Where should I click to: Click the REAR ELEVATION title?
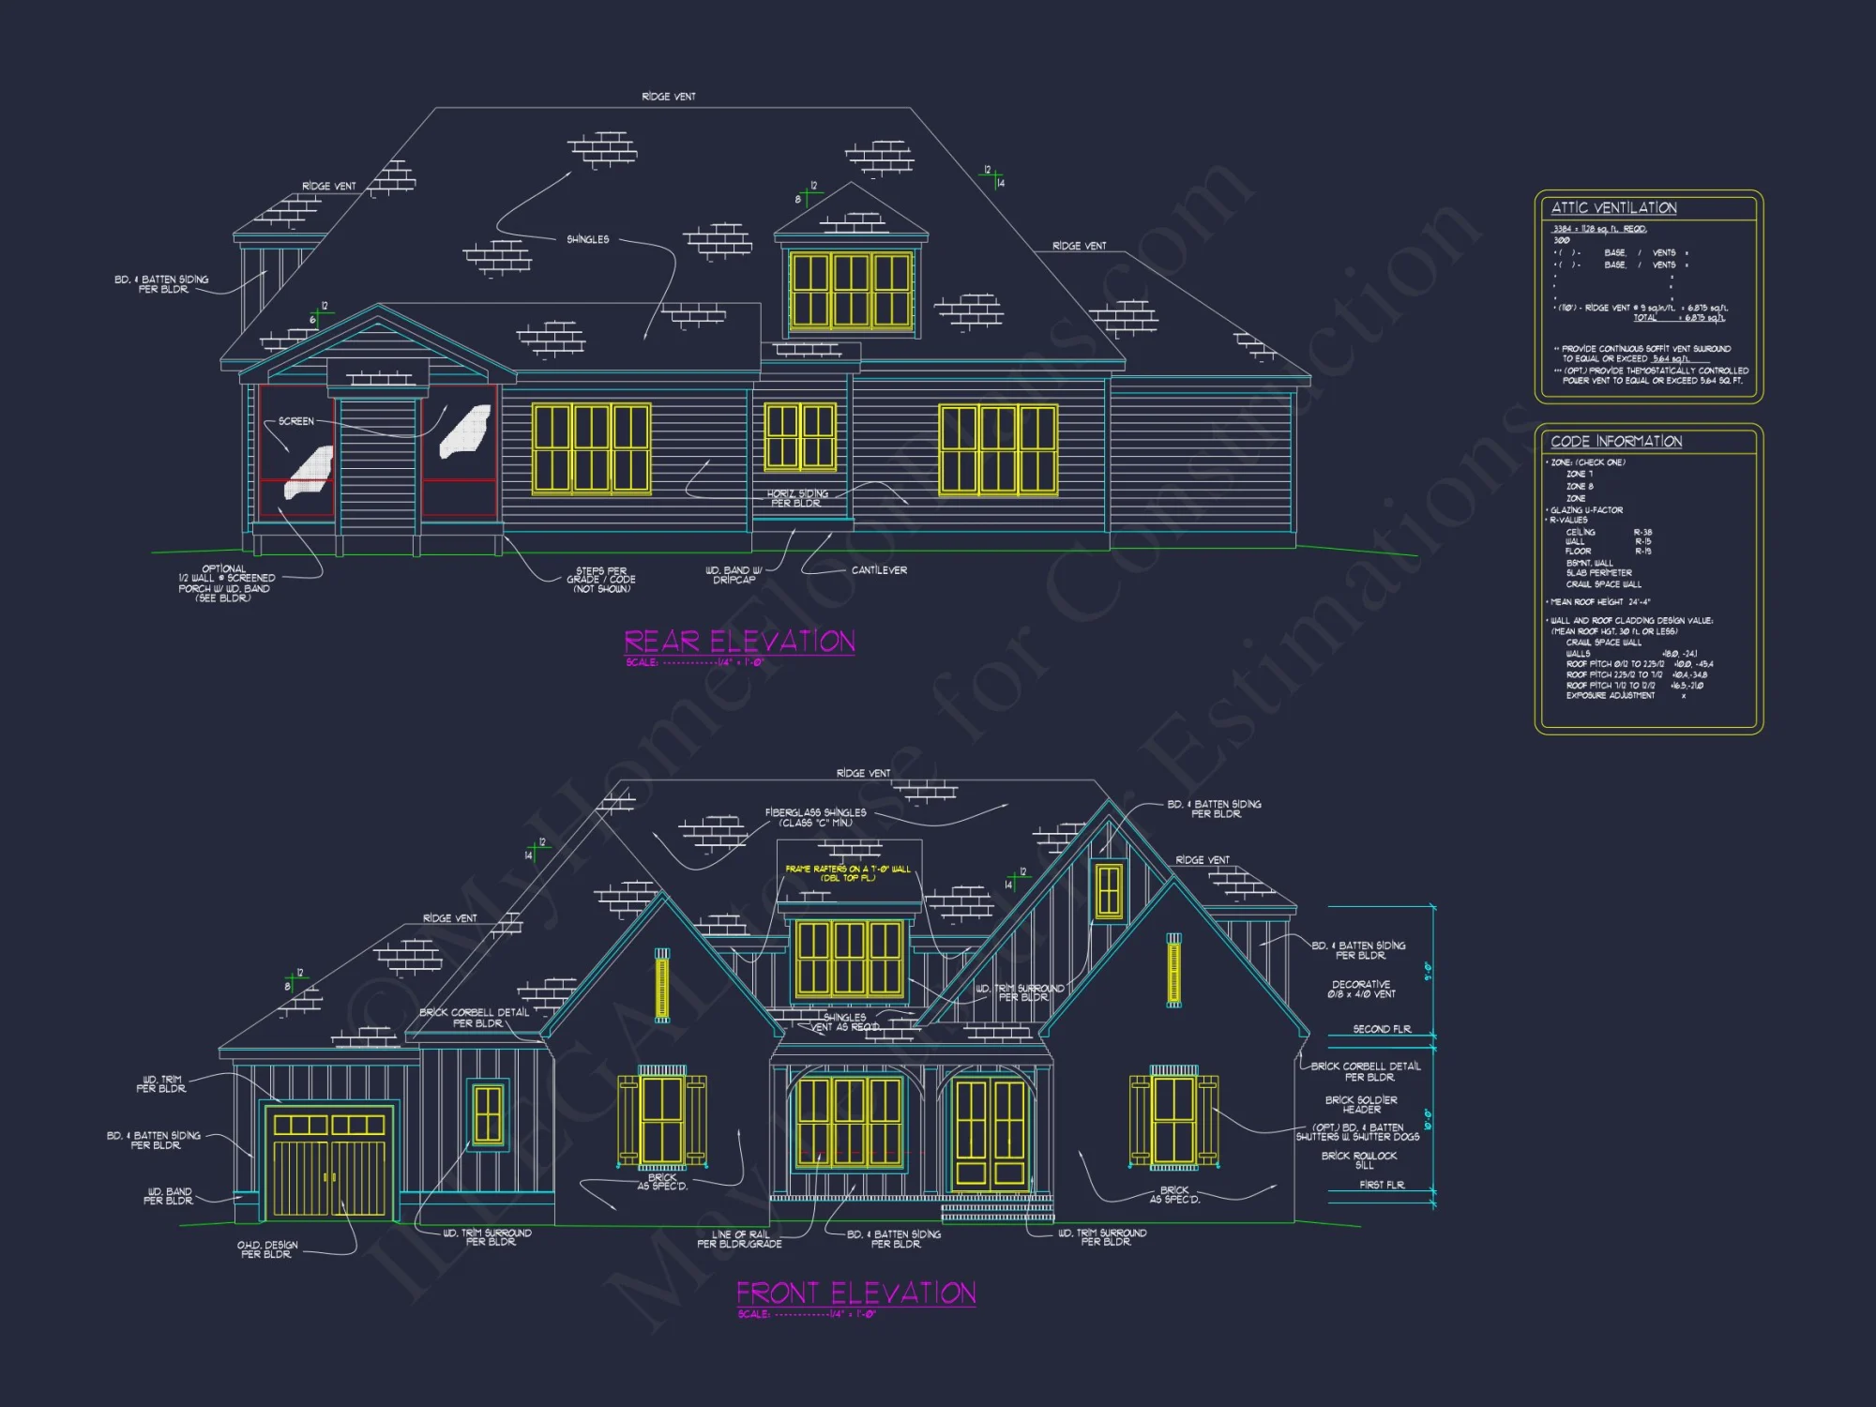739,642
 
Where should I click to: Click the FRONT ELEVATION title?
855,1294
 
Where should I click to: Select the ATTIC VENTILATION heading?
1613,208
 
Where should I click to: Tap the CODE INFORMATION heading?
1616,442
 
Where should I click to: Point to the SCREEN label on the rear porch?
295,421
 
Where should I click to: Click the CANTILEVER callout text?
879,570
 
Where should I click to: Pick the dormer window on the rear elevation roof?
851,290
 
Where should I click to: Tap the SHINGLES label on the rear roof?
587,240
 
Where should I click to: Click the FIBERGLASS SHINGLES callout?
815,818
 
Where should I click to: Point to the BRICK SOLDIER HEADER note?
1361,1105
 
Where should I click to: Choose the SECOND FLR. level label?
1382,1029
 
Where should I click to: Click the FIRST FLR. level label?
1382,1186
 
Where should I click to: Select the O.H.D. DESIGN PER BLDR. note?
267,1249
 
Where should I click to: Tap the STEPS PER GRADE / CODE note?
601,580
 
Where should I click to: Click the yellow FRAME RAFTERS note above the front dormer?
848,873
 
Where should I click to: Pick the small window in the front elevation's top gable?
1109,889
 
